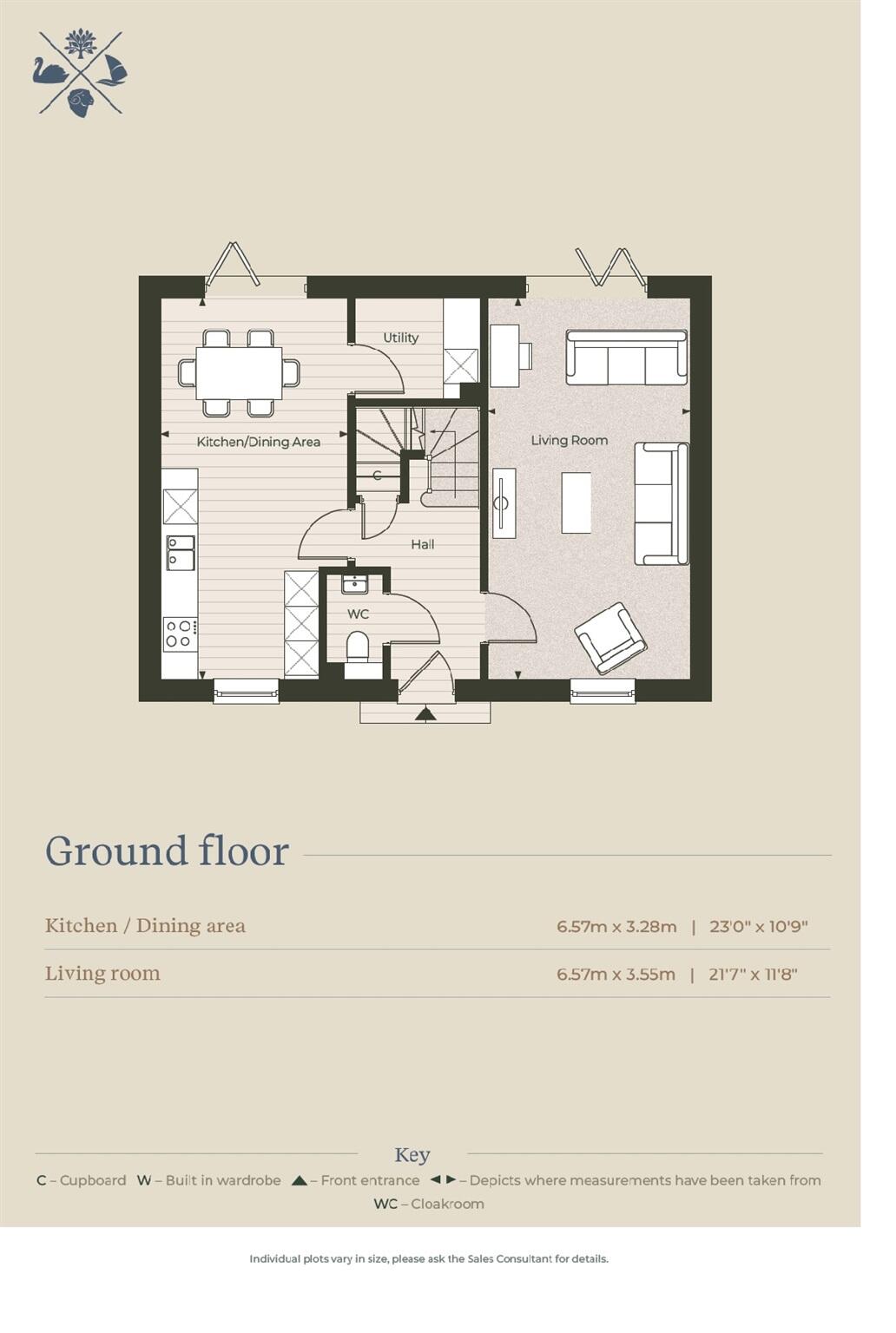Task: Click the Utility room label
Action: point(400,338)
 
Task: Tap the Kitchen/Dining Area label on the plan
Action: point(258,442)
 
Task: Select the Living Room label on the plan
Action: point(569,440)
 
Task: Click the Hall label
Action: point(423,544)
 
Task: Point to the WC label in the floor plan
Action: point(358,614)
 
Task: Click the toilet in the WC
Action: point(357,647)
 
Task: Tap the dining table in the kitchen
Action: point(239,373)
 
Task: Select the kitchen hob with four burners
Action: point(180,634)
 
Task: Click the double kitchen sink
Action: point(181,553)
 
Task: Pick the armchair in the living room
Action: point(610,638)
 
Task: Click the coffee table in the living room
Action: point(576,502)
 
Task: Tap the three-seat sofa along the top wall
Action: point(626,357)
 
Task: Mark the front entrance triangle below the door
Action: point(425,714)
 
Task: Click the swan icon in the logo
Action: point(49,71)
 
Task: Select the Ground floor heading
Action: point(167,851)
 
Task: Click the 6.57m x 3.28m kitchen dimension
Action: point(616,926)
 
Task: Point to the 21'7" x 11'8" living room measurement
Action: point(753,974)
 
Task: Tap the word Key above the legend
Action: point(412,1155)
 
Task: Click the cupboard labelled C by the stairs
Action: point(377,476)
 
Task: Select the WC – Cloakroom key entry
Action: point(429,1204)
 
